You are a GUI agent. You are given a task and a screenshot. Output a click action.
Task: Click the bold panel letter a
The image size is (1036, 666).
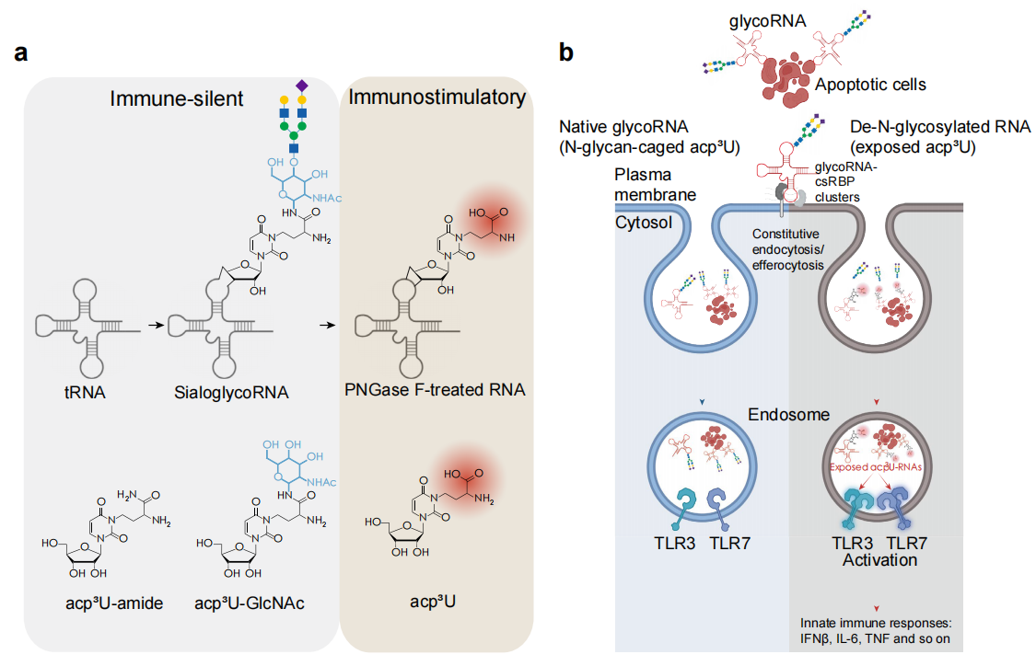(x=21, y=52)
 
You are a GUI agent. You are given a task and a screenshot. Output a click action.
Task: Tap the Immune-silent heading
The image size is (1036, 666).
(x=177, y=98)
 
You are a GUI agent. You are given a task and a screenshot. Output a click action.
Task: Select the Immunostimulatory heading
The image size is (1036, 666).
(x=437, y=98)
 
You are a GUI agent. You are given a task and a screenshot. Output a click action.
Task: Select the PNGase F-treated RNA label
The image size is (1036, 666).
(x=435, y=390)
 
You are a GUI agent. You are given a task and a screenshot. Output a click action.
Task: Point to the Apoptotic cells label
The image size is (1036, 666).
(x=870, y=84)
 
